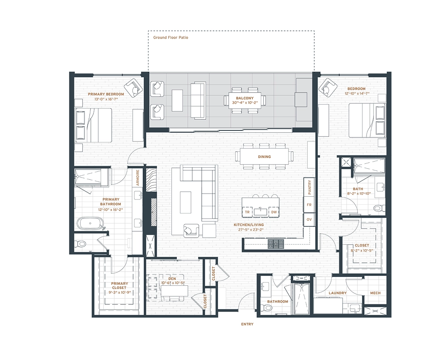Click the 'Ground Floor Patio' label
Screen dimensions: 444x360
(171, 37)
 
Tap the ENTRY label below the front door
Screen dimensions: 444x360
(247, 324)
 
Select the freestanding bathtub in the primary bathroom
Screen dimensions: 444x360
(90, 223)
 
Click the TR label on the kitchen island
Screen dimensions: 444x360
(247, 212)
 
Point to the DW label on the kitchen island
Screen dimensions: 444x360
(274, 212)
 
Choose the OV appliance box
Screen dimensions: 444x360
(309, 220)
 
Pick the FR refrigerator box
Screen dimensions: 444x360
(309, 204)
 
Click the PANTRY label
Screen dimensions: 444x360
(309, 187)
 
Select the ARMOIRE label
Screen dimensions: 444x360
(138, 178)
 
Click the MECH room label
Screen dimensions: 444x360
(375, 293)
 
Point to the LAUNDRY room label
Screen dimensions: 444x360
(338, 293)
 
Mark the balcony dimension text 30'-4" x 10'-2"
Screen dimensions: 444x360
(245, 102)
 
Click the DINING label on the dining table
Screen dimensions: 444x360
(264, 157)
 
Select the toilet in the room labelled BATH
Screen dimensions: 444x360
(379, 208)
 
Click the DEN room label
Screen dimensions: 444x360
(172, 279)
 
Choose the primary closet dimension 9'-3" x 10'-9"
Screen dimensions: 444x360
(119, 292)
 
